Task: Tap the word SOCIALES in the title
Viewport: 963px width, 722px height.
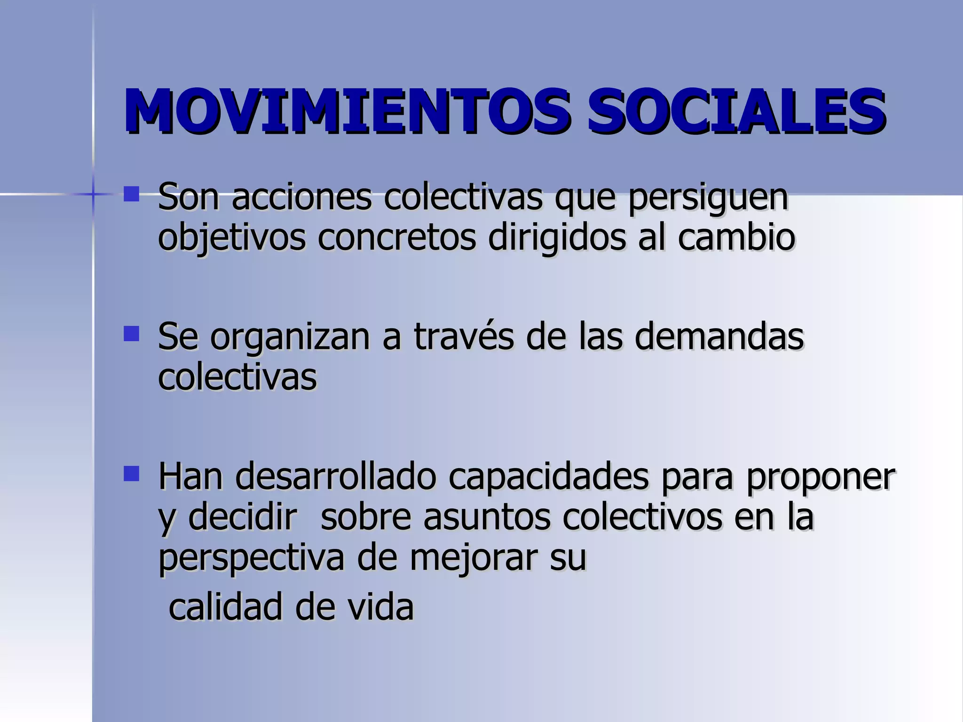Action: (x=736, y=112)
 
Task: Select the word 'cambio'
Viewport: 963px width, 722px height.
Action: (x=736, y=237)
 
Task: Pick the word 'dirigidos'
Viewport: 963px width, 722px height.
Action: (x=557, y=238)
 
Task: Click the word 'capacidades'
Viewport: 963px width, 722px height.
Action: (x=548, y=478)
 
